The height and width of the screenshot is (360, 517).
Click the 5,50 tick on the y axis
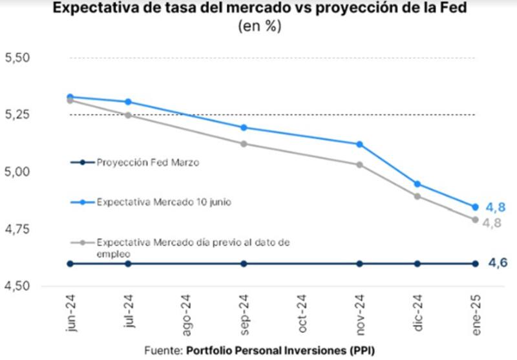click(17, 58)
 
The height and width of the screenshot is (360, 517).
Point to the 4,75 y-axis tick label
click(17, 229)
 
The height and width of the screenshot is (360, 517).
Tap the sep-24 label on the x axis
click(244, 313)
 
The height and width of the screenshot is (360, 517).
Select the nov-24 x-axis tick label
click(360, 313)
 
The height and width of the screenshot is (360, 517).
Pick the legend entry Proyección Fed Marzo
click(147, 162)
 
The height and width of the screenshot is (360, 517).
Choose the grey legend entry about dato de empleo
click(194, 247)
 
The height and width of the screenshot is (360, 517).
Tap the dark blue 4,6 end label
click(496, 263)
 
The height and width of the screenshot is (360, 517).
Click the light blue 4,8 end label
click(496, 208)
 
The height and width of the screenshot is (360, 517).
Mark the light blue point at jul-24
click(128, 101)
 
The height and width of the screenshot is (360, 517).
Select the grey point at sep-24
click(244, 143)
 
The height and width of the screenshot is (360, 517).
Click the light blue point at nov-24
click(360, 144)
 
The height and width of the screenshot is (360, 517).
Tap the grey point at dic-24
click(417, 196)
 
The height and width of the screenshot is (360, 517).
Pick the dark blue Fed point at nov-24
click(360, 264)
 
